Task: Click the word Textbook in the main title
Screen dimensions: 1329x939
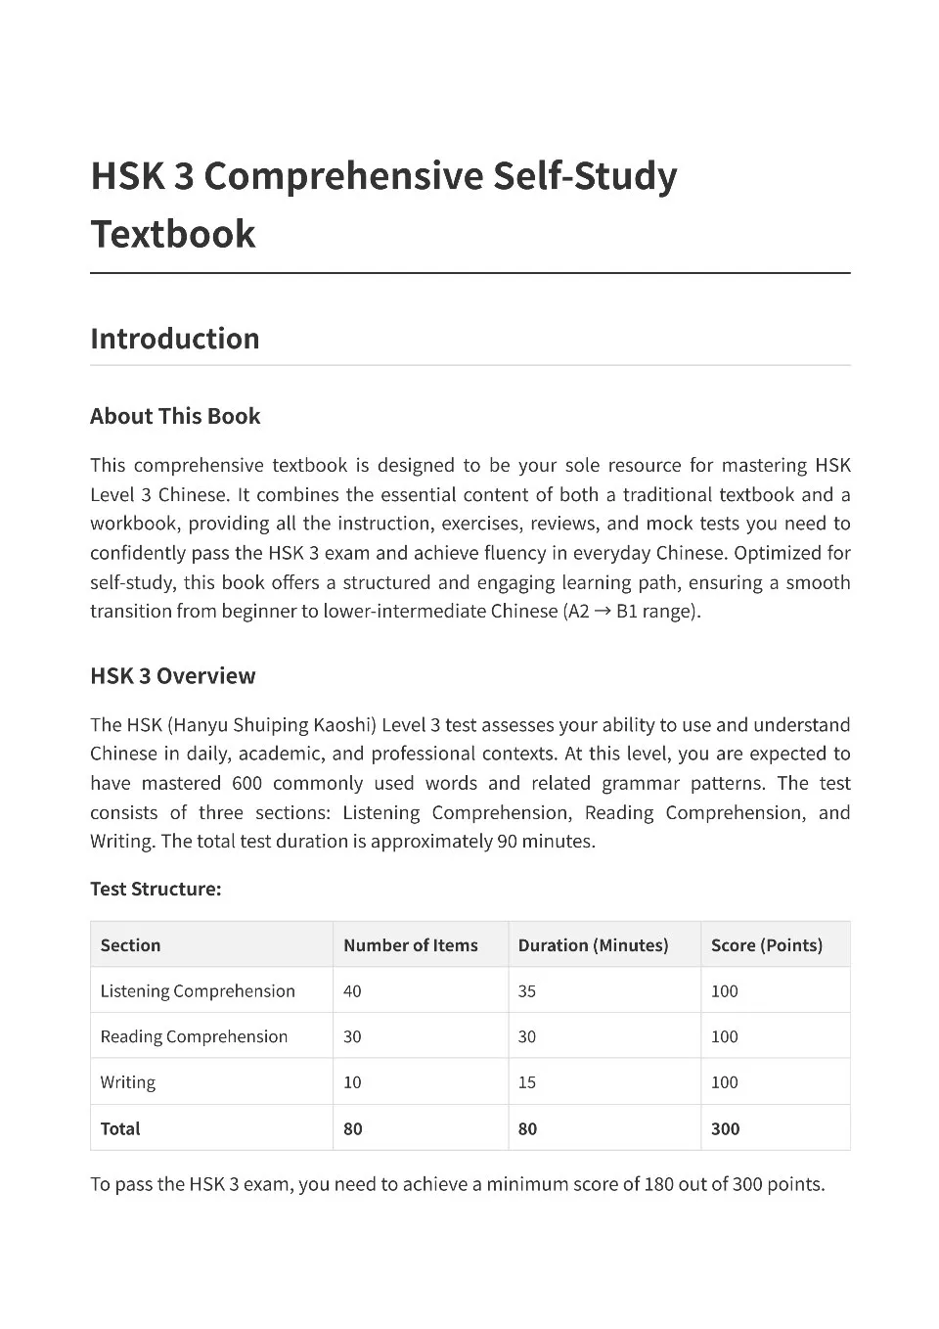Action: [x=173, y=235]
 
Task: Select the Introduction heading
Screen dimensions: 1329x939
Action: [x=175, y=339]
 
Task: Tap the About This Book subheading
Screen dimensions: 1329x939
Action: [x=175, y=416]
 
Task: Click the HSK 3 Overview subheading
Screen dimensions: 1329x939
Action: [x=172, y=676]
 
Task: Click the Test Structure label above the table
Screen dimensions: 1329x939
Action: [x=156, y=890]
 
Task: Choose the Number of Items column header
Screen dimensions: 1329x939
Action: [x=410, y=945]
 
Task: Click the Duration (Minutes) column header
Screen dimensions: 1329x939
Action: [x=593, y=945]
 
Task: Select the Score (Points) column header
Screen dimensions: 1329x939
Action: [x=766, y=945]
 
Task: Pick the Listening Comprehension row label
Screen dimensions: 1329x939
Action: [x=198, y=991]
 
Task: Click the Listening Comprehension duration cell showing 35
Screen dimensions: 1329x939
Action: [x=527, y=991]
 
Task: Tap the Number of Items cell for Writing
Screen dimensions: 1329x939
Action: [x=352, y=1082]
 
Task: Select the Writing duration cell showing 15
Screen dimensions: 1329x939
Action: [x=527, y=1082]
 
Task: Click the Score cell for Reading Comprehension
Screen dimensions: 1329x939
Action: [x=724, y=1036]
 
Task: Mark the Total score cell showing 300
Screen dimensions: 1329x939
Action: [x=725, y=1128]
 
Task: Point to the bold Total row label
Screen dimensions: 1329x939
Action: [x=120, y=1128]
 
